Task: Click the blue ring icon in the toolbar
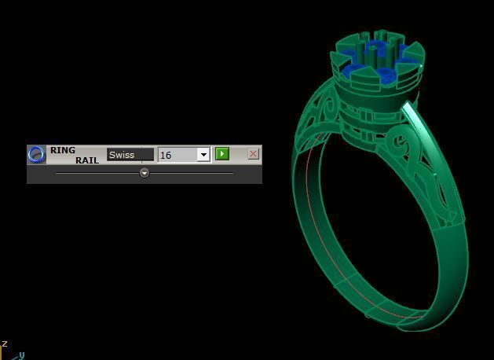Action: coord(37,154)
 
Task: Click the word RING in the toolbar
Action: coord(63,149)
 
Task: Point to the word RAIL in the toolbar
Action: coord(87,160)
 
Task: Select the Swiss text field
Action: coord(130,155)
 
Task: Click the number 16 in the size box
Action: coord(166,155)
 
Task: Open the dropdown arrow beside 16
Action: coord(203,155)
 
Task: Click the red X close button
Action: coord(253,154)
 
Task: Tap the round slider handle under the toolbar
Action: coord(145,173)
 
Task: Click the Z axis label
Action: coord(4,343)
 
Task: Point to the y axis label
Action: coord(22,355)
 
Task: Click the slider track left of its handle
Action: coord(94,173)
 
